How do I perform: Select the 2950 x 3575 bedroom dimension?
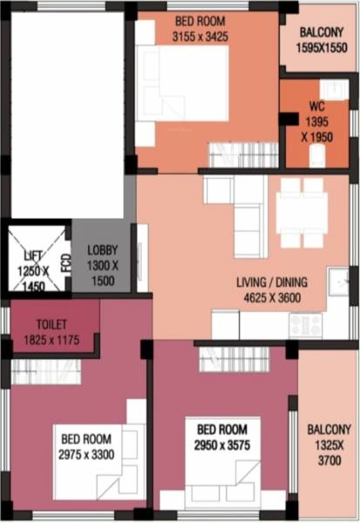[x=221, y=447]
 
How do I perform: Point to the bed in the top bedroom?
[x=187, y=83]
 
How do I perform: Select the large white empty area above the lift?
[x=67, y=113]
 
